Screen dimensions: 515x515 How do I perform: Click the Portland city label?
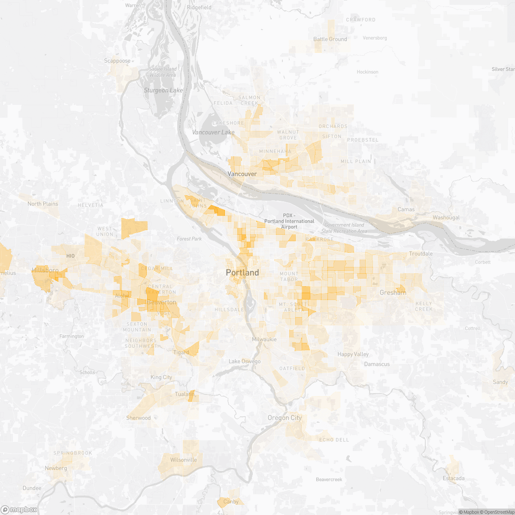click(x=242, y=273)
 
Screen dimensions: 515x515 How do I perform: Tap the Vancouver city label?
click(x=242, y=174)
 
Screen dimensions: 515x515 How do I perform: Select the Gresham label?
click(x=393, y=293)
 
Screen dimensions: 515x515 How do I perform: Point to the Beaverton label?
click(x=161, y=302)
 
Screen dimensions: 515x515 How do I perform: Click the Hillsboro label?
click(x=45, y=270)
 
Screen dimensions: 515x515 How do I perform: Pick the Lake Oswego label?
click(x=245, y=361)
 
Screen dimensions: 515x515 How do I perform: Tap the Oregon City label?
click(x=285, y=418)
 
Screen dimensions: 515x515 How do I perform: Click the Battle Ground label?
click(x=330, y=39)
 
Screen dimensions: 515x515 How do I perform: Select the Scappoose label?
click(x=117, y=61)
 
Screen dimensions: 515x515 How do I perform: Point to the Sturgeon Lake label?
click(x=163, y=90)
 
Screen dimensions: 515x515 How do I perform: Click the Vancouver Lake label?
click(x=213, y=132)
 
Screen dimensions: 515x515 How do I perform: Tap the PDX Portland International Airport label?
click(x=289, y=221)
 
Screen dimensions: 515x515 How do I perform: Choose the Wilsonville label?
click(x=183, y=460)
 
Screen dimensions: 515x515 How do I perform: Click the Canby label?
click(x=231, y=501)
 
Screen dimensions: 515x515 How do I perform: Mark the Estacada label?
click(x=454, y=478)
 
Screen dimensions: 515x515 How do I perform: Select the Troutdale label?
click(x=421, y=254)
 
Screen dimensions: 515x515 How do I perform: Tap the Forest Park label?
click(x=189, y=239)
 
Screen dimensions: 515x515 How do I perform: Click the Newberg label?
click(x=56, y=468)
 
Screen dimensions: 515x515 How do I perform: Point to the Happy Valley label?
click(x=353, y=354)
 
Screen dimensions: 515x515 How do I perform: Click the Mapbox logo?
click(x=19, y=509)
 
